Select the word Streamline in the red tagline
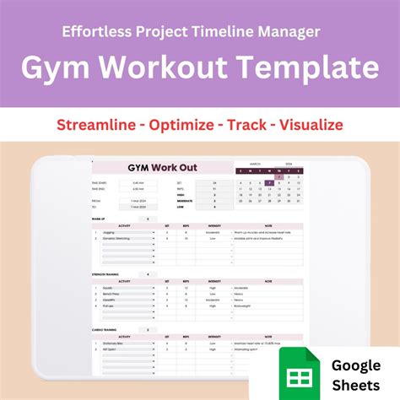[100, 125]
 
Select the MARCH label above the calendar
[255, 163]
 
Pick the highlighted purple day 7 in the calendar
[269, 182]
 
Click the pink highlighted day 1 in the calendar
[279, 176]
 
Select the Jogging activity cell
[109, 232]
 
